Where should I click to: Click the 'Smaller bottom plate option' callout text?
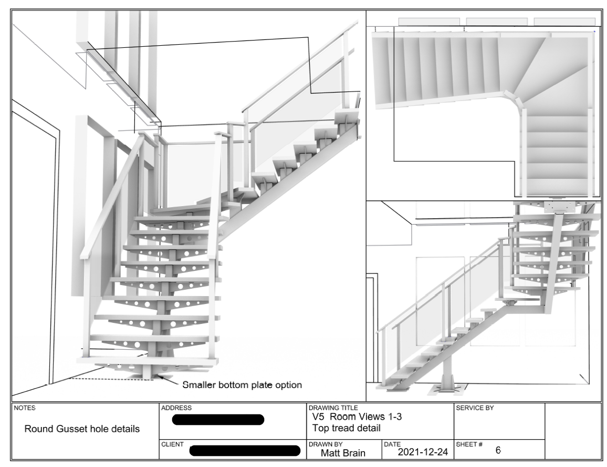242,384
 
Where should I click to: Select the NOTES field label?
24,408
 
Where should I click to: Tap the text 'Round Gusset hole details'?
82,429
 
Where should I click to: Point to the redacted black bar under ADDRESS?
218,420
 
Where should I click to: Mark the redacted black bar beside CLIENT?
244,451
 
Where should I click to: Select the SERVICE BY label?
475,408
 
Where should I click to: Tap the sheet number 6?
498,451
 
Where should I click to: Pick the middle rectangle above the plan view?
497,22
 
